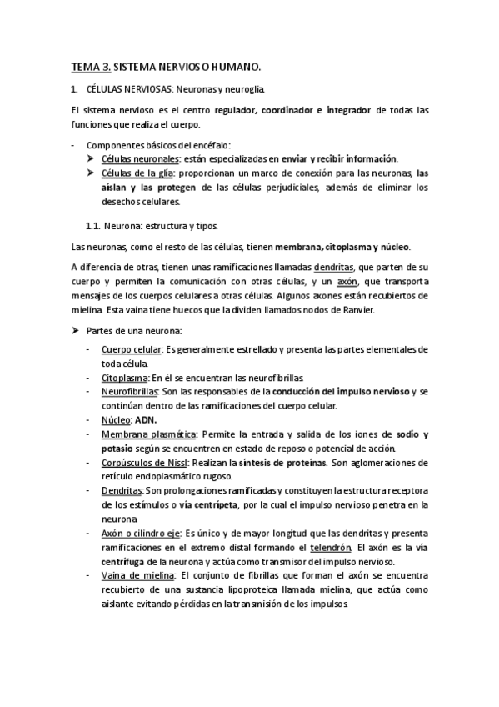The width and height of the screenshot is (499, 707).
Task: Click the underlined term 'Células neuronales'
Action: tap(140, 158)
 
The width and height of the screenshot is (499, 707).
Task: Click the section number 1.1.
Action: tap(95, 225)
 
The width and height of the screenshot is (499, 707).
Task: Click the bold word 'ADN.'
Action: tap(152, 419)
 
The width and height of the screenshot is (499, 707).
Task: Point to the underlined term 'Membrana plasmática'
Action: tap(148, 434)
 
